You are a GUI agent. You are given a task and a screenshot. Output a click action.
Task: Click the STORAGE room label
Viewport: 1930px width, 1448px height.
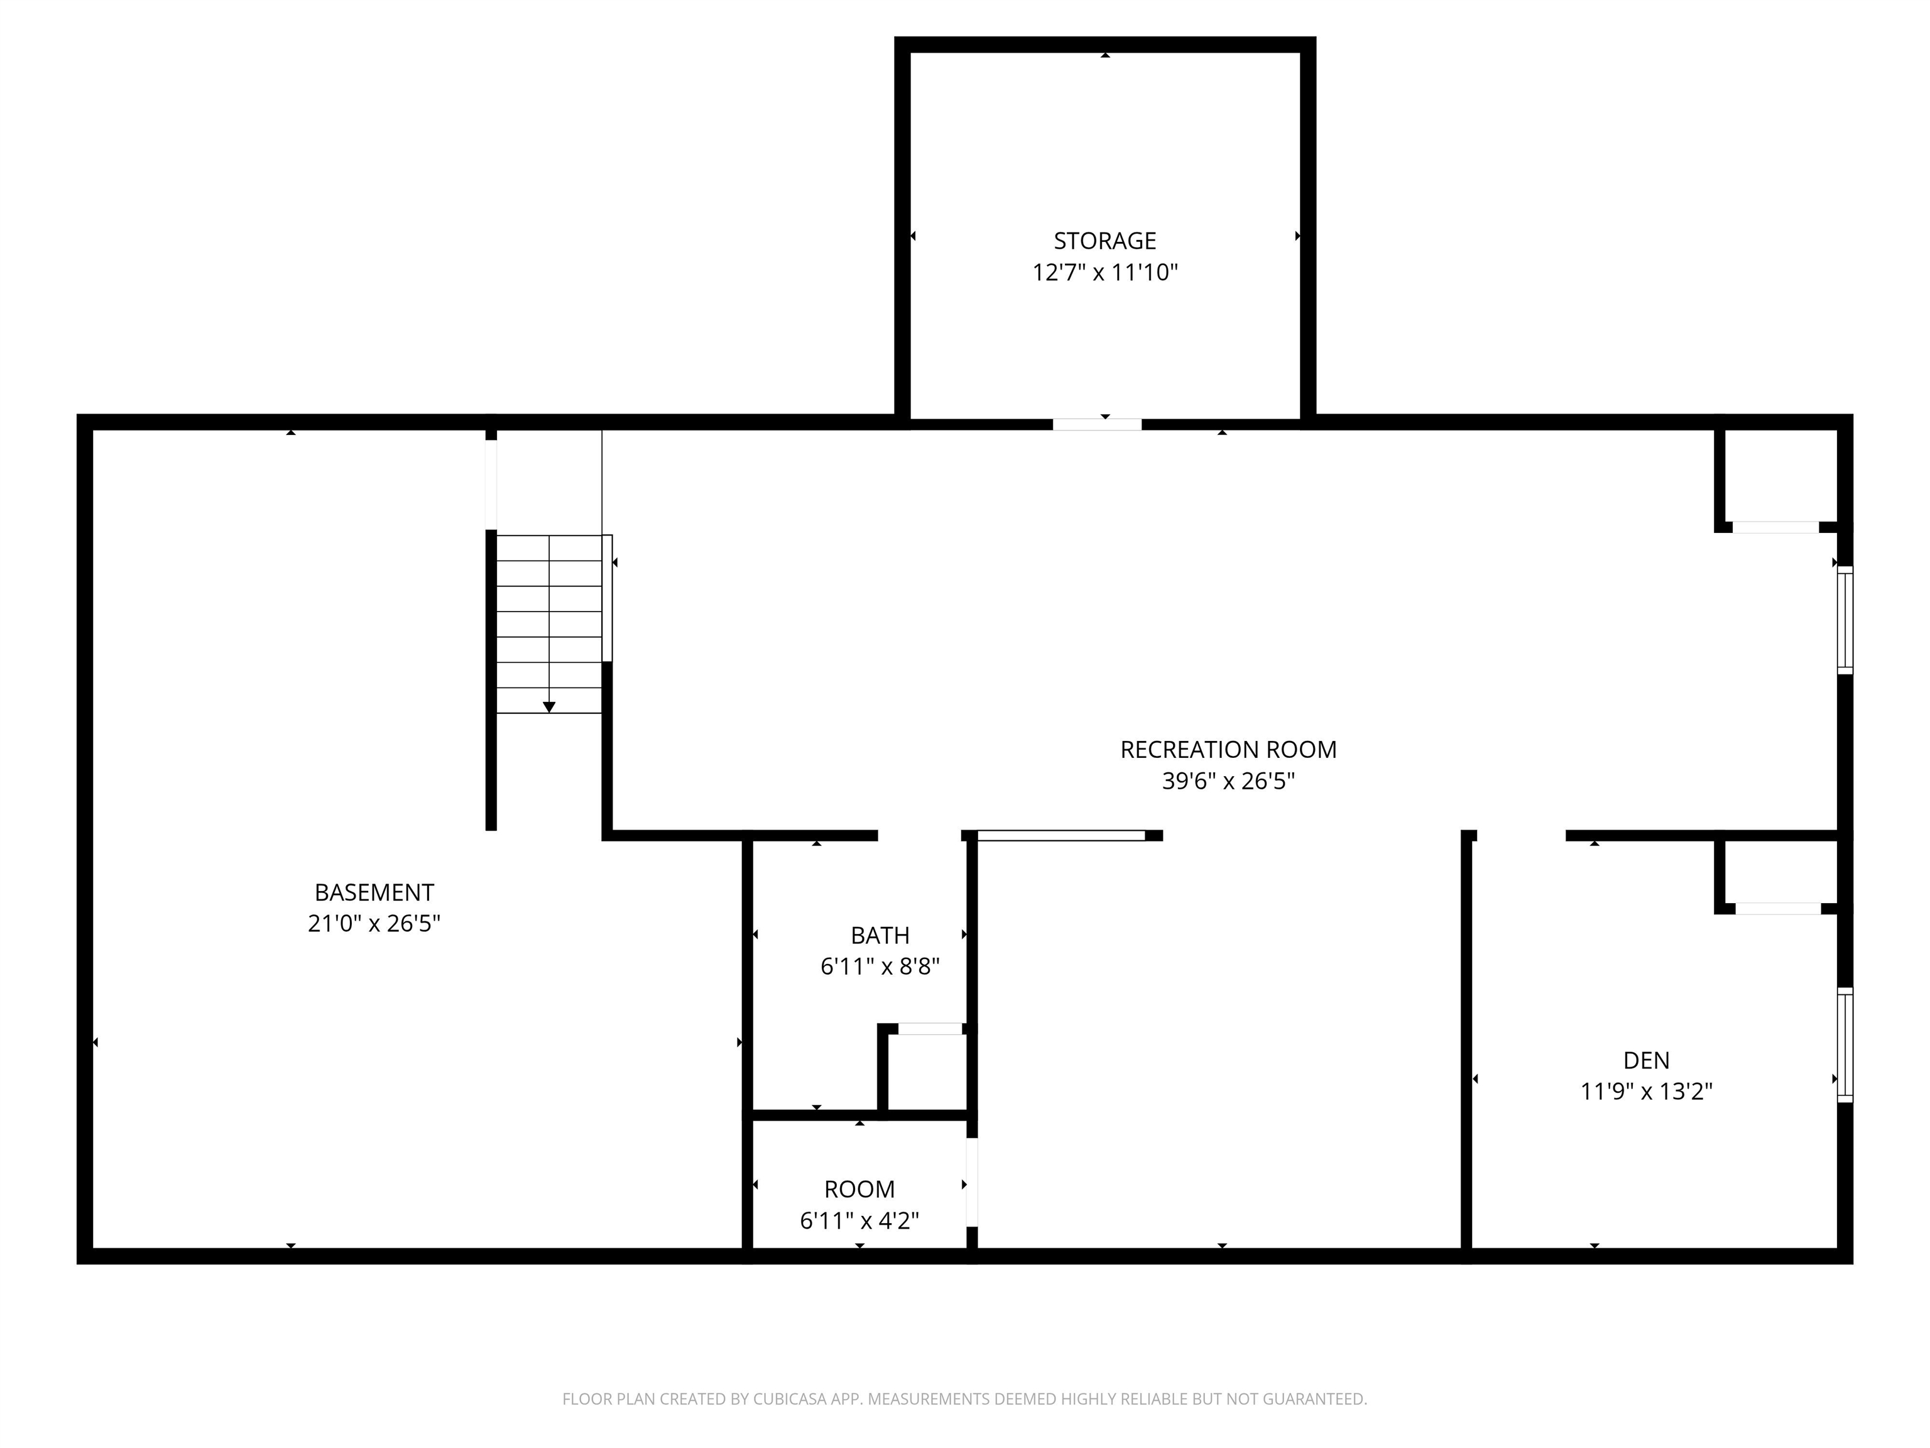pos(1104,241)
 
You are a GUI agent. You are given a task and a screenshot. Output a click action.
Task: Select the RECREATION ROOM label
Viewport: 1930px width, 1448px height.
pos(1228,750)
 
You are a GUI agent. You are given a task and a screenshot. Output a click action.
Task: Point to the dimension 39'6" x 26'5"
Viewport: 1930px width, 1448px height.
pos(1228,781)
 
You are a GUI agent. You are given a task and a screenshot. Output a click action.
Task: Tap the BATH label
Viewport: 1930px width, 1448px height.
pos(880,936)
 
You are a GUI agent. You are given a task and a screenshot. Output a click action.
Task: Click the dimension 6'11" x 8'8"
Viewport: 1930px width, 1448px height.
pos(880,967)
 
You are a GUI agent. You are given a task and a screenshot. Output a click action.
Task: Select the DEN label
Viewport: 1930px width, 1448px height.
pos(1645,1060)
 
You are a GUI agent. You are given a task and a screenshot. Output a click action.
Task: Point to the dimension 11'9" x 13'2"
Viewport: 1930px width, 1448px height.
pos(1645,1092)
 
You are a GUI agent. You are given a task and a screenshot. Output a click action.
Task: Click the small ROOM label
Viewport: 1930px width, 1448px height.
pos(859,1190)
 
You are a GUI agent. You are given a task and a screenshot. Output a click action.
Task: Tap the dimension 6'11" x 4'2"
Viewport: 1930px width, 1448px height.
pos(859,1221)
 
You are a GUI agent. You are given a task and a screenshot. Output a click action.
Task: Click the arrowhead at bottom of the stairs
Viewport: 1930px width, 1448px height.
pos(549,707)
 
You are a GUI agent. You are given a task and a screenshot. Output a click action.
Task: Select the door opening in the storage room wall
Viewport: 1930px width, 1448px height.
pos(1097,425)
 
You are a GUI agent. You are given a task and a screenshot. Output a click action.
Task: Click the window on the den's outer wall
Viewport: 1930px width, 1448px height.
pos(1845,1045)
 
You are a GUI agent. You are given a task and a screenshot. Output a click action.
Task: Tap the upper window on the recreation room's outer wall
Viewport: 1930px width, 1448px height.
pos(1845,620)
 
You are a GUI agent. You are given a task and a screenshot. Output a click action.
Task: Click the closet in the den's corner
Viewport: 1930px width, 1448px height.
pos(1778,875)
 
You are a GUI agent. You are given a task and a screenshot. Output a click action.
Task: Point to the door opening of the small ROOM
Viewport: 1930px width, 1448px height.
pos(971,1183)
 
